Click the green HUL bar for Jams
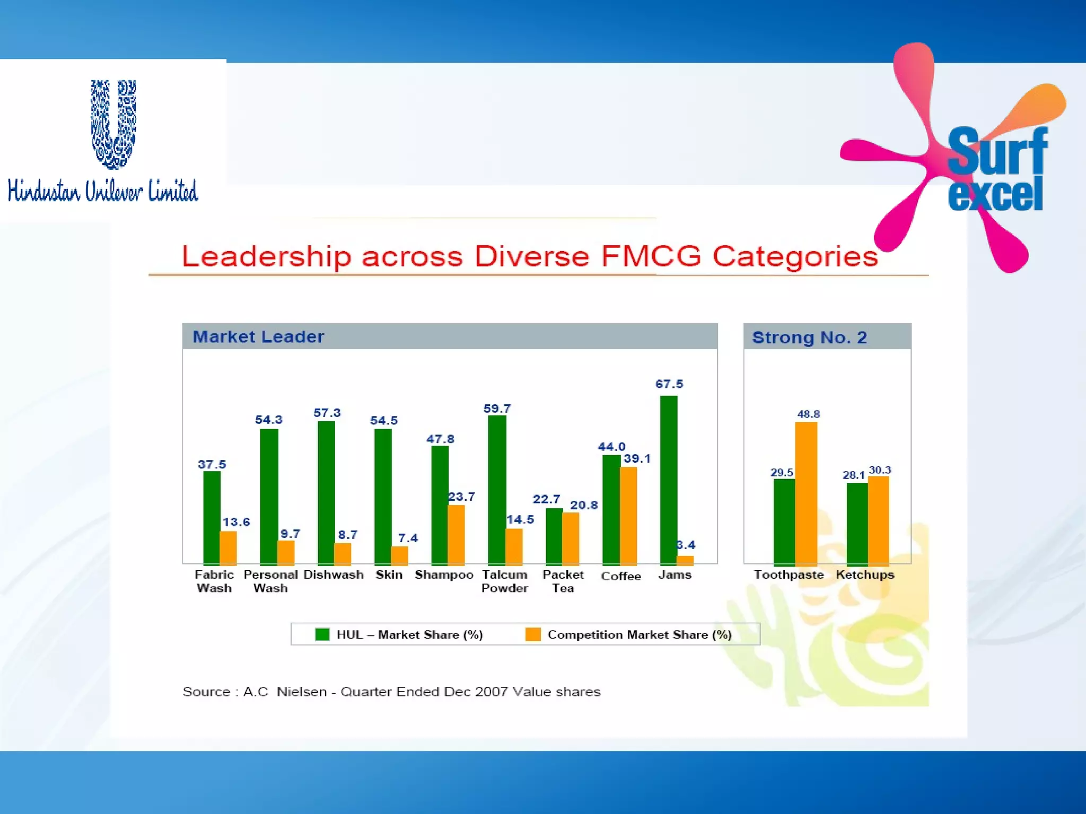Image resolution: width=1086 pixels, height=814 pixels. click(x=669, y=480)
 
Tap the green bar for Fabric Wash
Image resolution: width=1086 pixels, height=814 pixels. click(x=212, y=518)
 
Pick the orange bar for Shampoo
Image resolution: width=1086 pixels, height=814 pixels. click(x=457, y=535)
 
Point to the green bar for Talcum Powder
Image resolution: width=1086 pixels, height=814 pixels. click(x=497, y=490)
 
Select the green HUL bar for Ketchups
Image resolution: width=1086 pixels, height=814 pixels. click(x=857, y=524)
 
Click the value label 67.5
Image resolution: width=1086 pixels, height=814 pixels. click(x=669, y=384)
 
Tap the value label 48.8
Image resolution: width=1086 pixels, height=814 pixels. click(x=808, y=414)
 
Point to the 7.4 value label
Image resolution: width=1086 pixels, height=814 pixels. click(x=408, y=538)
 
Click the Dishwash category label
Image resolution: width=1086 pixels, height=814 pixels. click(x=334, y=574)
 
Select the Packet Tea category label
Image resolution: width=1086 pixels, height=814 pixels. click(x=563, y=581)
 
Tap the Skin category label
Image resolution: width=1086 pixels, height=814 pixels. click(x=389, y=574)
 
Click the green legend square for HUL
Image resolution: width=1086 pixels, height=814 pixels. click(x=322, y=634)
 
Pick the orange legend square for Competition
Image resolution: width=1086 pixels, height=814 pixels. click(x=533, y=634)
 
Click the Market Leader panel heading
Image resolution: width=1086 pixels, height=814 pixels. click(x=258, y=337)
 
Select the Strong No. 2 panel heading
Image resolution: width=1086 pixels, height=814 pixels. click(x=809, y=337)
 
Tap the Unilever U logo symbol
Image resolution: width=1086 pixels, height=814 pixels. click(x=113, y=125)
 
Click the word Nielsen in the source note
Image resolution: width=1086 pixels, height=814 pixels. click(x=301, y=692)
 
